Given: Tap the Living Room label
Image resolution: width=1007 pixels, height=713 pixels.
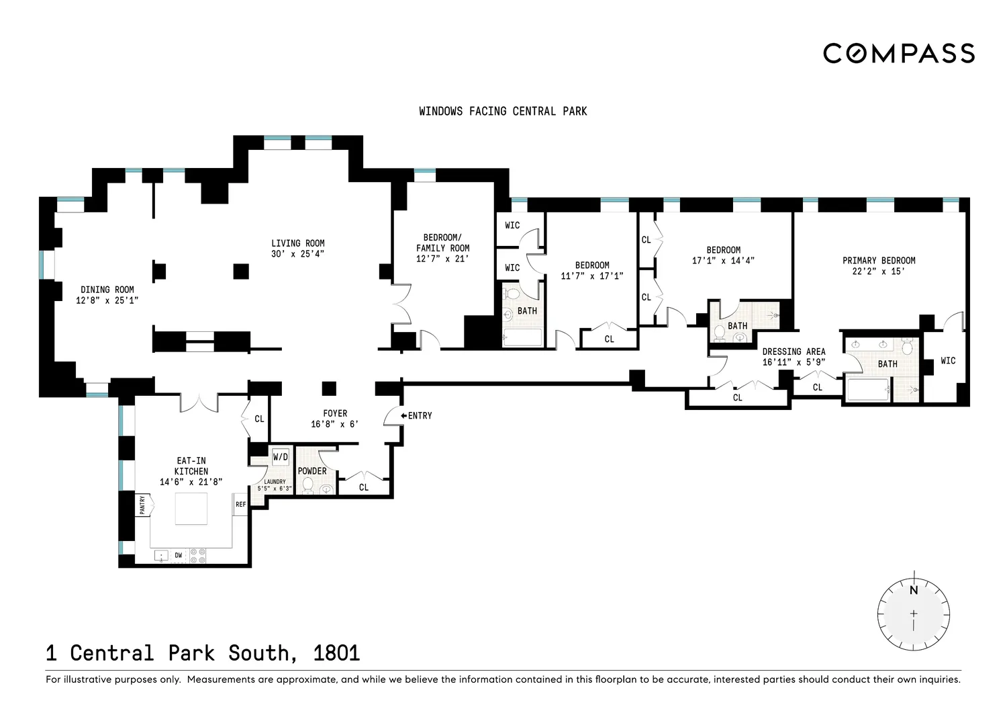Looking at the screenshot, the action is tap(297, 243).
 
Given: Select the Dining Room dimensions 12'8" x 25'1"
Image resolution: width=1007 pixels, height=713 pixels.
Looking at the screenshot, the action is tap(107, 300).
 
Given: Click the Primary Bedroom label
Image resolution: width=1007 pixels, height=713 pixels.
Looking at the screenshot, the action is tap(879, 261).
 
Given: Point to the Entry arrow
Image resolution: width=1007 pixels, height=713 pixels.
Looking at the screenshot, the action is tap(403, 415).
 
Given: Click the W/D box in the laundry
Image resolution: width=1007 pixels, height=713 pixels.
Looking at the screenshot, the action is tap(281, 458).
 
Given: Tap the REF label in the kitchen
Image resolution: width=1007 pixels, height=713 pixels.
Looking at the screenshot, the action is tap(241, 504).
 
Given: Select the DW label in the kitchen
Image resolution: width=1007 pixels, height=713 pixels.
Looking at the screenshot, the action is tap(179, 555).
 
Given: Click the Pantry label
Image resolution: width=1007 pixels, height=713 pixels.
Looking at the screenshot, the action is tap(142, 505).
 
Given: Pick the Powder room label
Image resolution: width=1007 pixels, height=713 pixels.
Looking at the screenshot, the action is tap(312, 471).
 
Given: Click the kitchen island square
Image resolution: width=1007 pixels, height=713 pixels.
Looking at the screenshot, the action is tap(191, 509).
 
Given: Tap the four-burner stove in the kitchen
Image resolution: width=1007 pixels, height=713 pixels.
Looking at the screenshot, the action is tap(198, 556).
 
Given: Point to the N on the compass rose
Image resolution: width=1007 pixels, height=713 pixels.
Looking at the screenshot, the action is tap(914, 590).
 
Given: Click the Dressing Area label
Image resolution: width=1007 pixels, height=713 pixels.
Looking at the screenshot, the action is tap(794, 351).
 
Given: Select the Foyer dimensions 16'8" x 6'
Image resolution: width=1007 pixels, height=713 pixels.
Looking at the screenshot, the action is tap(335, 424).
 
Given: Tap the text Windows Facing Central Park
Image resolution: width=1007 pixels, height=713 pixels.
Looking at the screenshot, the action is tap(503, 111).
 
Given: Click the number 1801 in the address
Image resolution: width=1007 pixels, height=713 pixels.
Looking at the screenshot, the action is tap(337, 653).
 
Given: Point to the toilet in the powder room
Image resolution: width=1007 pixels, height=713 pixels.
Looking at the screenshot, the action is tap(308, 485).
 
